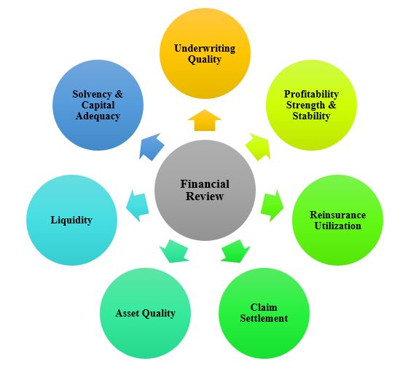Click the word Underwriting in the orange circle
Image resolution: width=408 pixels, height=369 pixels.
coord(205,48)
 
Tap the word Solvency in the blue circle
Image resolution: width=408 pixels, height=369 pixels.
coord(92,94)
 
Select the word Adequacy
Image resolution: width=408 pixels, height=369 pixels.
coord(98,116)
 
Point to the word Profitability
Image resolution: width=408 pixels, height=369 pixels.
coord(311,95)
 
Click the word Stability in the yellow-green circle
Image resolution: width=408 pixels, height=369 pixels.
coord(311,116)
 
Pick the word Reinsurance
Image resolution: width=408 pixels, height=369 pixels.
coord(338,215)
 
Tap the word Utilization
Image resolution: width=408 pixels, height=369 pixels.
coord(338,226)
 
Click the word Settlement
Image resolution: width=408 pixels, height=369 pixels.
coord(264,318)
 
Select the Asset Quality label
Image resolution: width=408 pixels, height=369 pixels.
coord(146,314)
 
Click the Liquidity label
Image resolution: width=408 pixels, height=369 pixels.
coord(71,221)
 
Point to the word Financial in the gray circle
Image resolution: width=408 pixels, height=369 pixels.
coord(205,184)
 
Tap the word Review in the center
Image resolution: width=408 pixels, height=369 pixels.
coord(205,197)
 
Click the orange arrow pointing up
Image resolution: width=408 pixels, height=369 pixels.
coord(205,120)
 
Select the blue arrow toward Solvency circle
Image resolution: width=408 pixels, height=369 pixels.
coord(152,146)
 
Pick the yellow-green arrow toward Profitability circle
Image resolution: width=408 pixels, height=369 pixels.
coord(258,147)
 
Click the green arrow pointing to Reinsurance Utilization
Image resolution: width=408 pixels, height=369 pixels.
coord(272,205)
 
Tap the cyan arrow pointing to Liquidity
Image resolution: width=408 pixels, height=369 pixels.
coord(137,205)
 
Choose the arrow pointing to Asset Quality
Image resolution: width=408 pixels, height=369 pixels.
coord(174,251)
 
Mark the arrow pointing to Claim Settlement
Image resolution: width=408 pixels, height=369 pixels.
coord(235,251)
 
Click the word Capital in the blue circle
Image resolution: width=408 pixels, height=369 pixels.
coord(98,106)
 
